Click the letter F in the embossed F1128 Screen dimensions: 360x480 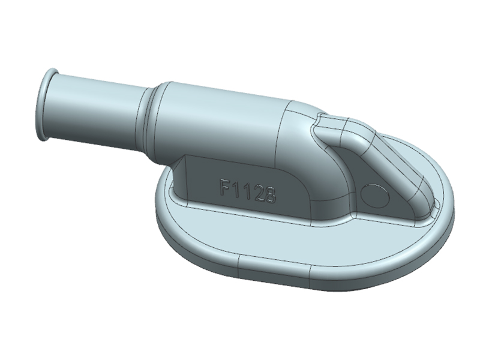click(226, 188)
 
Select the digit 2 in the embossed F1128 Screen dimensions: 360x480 click(258, 192)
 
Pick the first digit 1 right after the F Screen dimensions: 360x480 click(238, 190)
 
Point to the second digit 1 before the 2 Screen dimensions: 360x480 click(247, 191)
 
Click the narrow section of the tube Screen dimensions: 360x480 click(96, 108)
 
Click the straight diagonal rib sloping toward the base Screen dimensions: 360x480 click(384, 165)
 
